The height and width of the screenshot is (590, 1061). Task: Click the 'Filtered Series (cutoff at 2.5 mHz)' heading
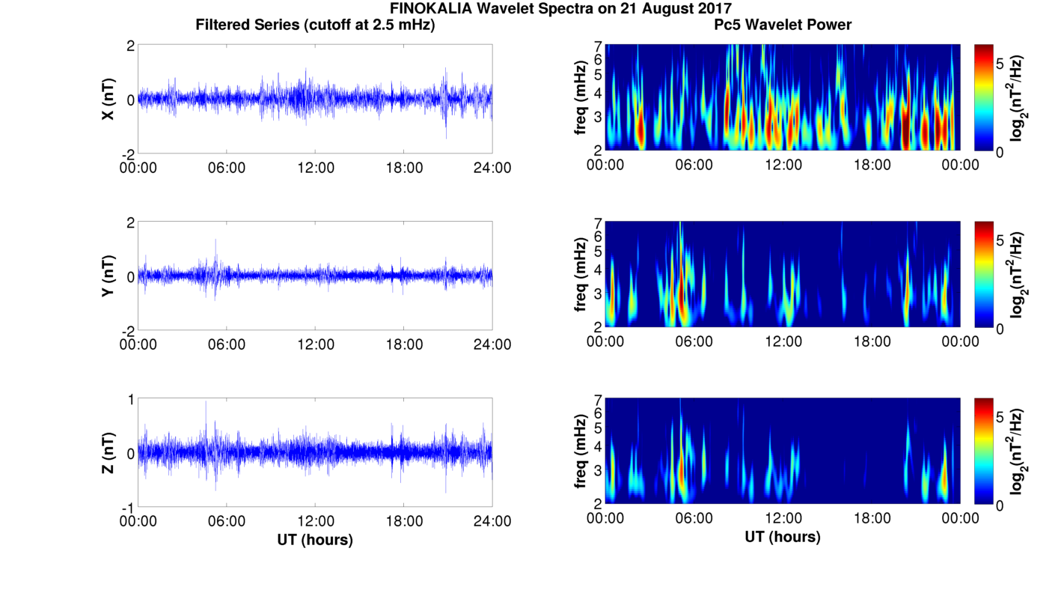coord(315,25)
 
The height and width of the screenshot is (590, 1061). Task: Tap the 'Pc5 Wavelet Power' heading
coord(783,25)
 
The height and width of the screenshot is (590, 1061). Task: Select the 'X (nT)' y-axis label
coord(108,99)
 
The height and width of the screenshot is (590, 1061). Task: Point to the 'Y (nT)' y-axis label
coord(108,276)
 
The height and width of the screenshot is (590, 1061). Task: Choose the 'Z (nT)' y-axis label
coord(108,452)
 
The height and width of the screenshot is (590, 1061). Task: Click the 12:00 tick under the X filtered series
coord(315,168)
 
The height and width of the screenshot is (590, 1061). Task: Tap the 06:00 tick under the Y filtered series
coord(227,344)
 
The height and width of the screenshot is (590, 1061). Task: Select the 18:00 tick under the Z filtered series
coord(404,521)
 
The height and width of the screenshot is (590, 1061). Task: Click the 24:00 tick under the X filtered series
coord(492,168)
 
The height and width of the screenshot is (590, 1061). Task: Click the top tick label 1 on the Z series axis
coord(131,400)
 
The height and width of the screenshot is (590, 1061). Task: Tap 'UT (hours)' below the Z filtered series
coord(315,539)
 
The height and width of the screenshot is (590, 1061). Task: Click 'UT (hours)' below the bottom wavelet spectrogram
coord(783,537)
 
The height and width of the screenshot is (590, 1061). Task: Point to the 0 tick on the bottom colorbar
coord(1000,506)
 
